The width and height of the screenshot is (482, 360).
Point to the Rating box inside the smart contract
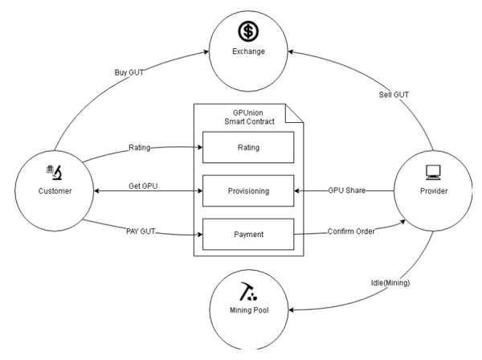pyautogui.click(x=247, y=147)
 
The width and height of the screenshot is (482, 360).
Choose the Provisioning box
pyautogui.click(x=247, y=191)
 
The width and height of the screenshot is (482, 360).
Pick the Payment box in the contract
pyautogui.click(x=247, y=235)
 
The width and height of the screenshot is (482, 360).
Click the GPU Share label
pyautogui.click(x=347, y=191)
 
